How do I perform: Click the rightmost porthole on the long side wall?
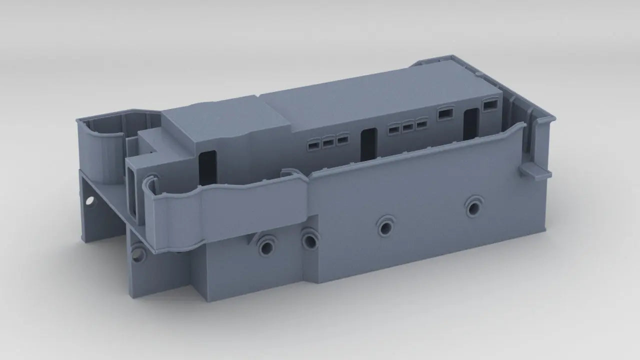point(473,205)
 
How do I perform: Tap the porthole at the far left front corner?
point(138,254)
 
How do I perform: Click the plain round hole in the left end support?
point(90,201)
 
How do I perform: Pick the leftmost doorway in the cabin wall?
point(207,168)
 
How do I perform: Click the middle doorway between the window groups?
point(368,144)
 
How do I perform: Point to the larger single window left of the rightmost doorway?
point(445,113)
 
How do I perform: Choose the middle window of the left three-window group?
point(328,142)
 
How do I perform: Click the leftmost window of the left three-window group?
point(314,145)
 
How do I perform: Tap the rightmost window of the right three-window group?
point(421,123)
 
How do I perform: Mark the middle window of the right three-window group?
point(408,126)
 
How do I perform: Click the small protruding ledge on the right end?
point(535,171)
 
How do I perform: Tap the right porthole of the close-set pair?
point(309,240)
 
